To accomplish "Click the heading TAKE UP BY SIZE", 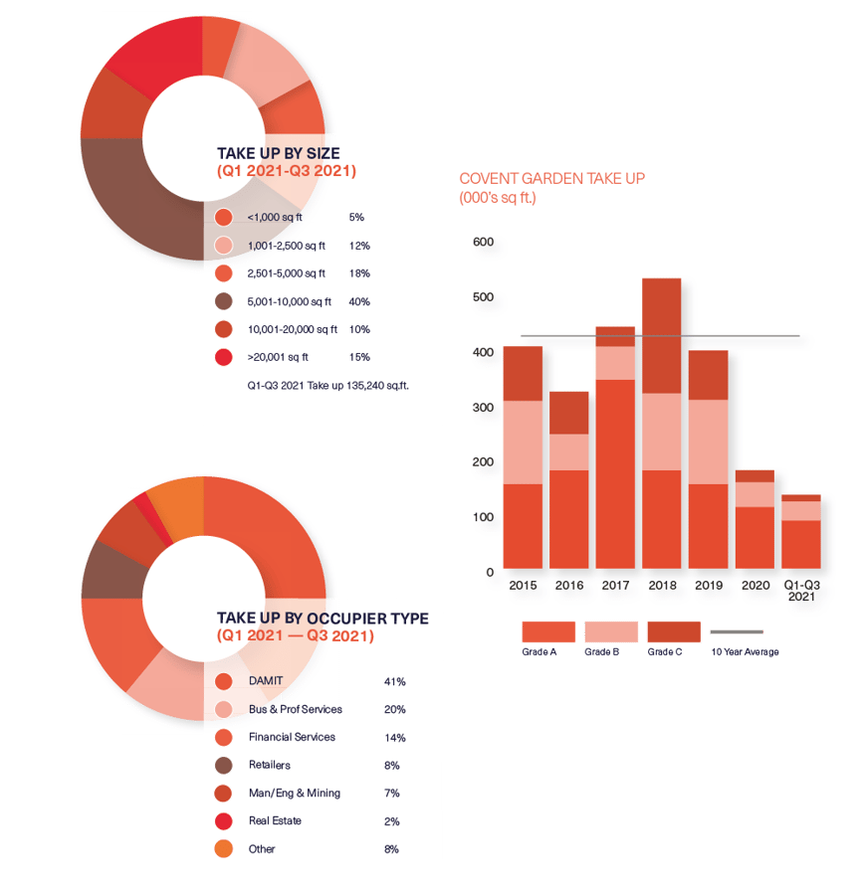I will [x=278, y=153].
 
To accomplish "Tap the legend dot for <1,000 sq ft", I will [x=224, y=217].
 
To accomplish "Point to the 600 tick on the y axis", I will [x=483, y=243].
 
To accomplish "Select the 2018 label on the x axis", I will [x=662, y=586].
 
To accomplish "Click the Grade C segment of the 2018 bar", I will [x=662, y=335].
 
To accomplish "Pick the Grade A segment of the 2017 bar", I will [x=615, y=472].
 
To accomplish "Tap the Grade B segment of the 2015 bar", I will [x=523, y=443].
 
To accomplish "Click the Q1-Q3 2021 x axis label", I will [x=801, y=591].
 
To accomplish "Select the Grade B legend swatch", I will [x=611, y=631].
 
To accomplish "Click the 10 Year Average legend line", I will [x=737, y=631].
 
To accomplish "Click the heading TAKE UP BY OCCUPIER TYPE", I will [x=323, y=619].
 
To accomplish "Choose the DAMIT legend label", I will [x=265, y=681].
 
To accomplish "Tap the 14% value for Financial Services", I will [x=394, y=738].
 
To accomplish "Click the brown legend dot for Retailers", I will [x=224, y=766].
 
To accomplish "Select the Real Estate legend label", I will [x=275, y=820].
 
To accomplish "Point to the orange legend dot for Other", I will [x=224, y=849].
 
